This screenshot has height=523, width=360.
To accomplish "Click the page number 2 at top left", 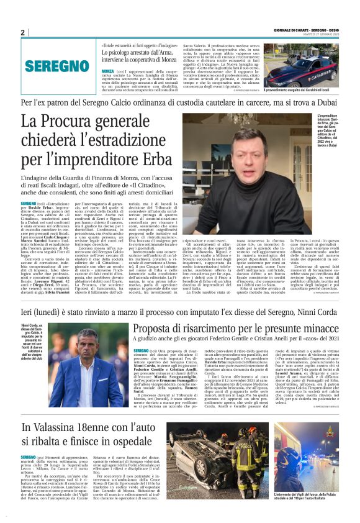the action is coord(23,32).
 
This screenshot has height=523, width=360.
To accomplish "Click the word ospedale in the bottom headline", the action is coord(125,426).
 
